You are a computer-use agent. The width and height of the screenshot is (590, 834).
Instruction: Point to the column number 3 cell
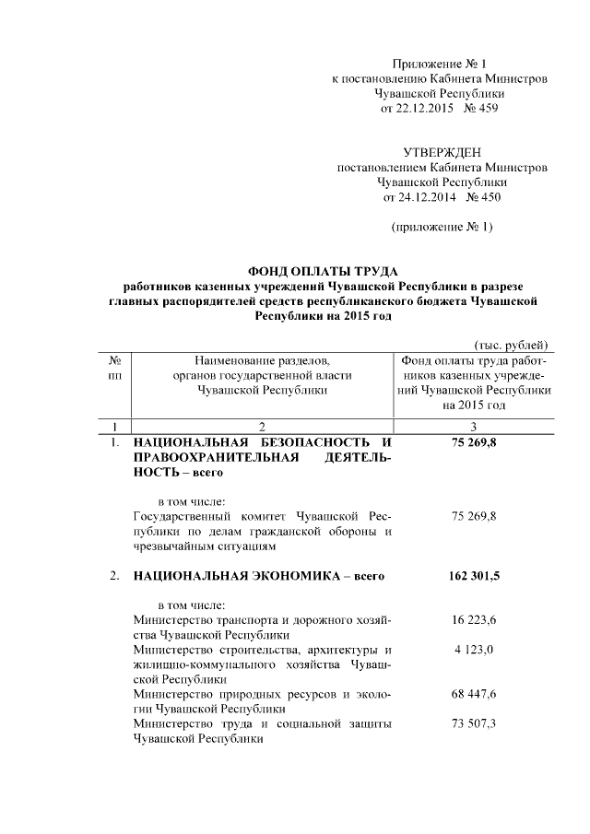coord(474,427)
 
